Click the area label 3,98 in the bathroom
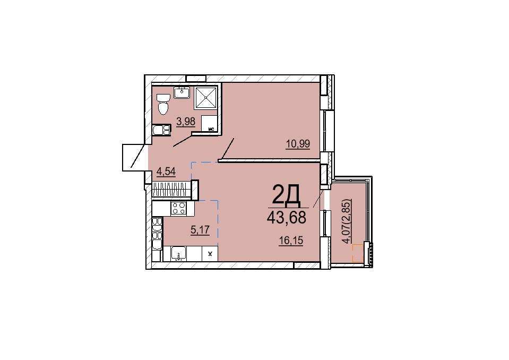coord(186,122)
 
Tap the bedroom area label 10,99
coord(298,143)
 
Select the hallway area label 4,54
coord(166,171)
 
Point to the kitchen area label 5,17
coord(200,230)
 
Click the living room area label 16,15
coord(291,241)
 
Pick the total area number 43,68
coord(286,218)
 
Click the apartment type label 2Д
coord(286,195)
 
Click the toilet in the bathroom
coord(163,104)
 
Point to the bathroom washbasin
coord(182,92)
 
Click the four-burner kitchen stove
coord(178,208)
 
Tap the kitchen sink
coord(178,253)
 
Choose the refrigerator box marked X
coord(210,253)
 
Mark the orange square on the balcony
coord(358,253)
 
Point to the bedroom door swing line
coord(227,149)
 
